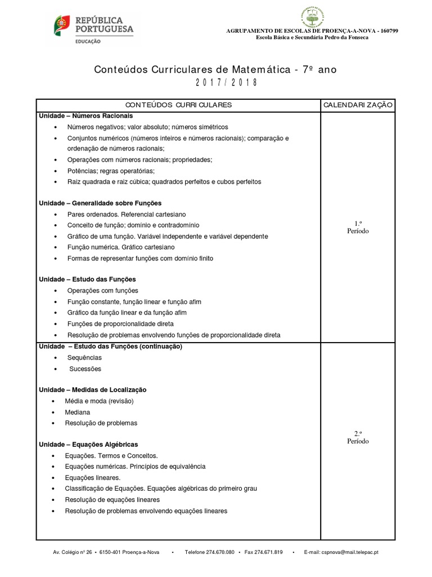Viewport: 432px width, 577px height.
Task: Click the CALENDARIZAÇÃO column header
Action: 358,105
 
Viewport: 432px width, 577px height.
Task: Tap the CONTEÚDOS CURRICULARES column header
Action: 178,105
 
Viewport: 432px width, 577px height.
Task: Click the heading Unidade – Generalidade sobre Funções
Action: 100,203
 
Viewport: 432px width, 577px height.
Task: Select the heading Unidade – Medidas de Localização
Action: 92,390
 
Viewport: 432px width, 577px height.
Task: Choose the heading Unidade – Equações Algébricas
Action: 88,445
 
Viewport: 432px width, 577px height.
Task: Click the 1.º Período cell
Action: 358,228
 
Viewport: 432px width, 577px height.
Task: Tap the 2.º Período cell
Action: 358,437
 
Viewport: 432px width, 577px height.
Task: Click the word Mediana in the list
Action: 78,412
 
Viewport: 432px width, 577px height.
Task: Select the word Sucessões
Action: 85,369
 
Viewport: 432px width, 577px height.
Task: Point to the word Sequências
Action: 84,358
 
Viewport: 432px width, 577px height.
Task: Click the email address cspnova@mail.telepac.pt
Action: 350,552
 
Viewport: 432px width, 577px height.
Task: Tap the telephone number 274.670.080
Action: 217,552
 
